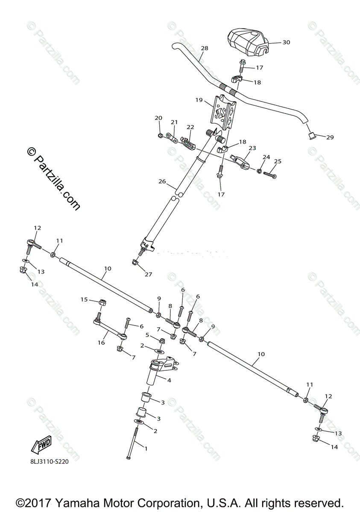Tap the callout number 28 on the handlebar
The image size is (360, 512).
click(x=204, y=49)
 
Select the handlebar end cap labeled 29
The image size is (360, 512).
click(x=311, y=136)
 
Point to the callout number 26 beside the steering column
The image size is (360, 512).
click(x=161, y=181)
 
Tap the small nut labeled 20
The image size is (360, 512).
click(x=159, y=136)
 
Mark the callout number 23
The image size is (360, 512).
click(x=252, y=148)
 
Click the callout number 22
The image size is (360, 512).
click(x=190, y=127)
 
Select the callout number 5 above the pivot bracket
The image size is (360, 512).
click(x=147, y=335)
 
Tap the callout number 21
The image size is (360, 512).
click(x=174, y=122)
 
